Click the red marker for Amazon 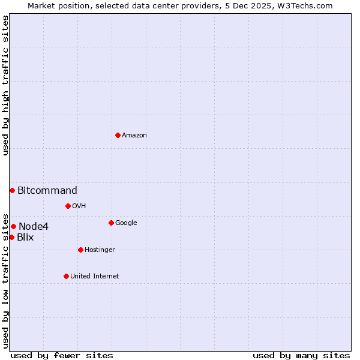[118, 135]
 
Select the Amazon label [134, 136]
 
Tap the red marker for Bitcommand [12, 190]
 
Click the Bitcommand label [47, 191]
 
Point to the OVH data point [68, 206]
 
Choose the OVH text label [79, 206]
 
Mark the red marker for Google [111, 223]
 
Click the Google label [126, 223]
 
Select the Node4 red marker [13, 226]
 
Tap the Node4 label [34, 227]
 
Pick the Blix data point [11, 237]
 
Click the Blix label [25, 238]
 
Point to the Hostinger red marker [80, 250]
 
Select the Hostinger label [100, 250]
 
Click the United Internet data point [66, 276]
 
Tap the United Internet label [95, 277]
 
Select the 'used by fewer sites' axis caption [62, 355]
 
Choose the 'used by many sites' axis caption [301, 355]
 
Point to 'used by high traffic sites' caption [5, 86]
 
